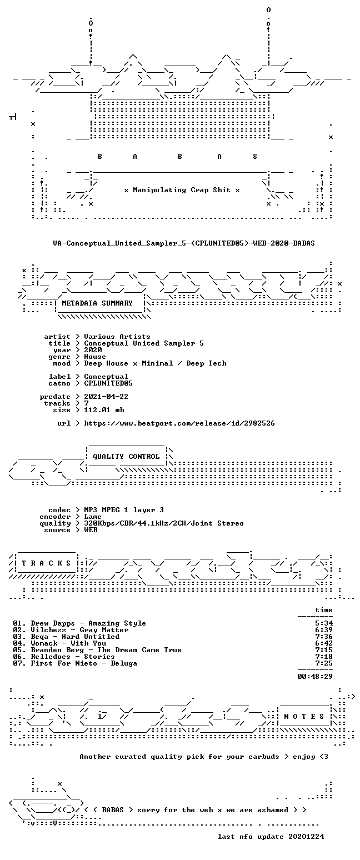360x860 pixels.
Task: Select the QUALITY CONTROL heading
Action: click(126, 457)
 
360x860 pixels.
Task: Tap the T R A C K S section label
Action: click(47, 563)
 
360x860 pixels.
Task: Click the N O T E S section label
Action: click(304, 717)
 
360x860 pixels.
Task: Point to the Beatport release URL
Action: click(179, 423)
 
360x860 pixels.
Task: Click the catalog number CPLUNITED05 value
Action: click(108, 383)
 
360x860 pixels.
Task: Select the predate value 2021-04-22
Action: click(106, 397)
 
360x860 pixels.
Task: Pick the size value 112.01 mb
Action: click(104, 410)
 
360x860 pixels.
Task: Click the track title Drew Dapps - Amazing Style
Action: click(88, 623)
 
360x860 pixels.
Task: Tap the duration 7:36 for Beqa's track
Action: click(324, 637)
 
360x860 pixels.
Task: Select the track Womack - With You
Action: click(68, 643)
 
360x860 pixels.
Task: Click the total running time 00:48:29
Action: click(314, 677)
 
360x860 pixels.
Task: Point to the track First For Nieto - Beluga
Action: click(84, 663)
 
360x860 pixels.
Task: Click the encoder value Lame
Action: click(93, 517)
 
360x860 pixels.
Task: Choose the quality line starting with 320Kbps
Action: click(164, 523)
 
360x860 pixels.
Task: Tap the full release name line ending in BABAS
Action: click(184, 243)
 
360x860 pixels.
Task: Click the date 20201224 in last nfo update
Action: click(306, 837)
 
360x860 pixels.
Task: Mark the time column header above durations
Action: click(324, 610)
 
